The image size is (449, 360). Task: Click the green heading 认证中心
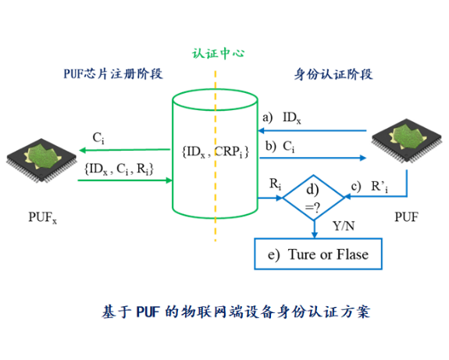[x=218, y=53]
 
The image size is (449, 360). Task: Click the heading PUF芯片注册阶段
[x=113, y=74]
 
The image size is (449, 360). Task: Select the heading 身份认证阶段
[x=333, y=74]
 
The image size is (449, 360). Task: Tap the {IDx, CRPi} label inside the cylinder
[x=216, y=151]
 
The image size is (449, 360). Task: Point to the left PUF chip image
[x=42, y=160]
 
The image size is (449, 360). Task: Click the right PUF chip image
[x=407, y=141]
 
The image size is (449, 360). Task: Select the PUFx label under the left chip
[x=43, y=217]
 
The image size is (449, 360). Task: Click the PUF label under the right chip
[x=407, y=217]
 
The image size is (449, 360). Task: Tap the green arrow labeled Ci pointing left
[x=125, y=150]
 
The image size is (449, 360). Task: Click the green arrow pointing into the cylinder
[x=125, y=180]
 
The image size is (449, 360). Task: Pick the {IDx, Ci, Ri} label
[x=119, y=169]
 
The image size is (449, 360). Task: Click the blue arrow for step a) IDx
[x=312, y=131]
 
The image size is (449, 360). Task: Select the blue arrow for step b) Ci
[x=312, y=158]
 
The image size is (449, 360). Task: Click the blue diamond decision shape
[x=314, y=175]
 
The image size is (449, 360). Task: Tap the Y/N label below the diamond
[x=344, y=226]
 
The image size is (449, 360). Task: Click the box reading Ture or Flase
[x=318, y=254]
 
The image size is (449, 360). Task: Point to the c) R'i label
[x=369, y=187]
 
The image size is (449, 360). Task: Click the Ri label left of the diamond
[x=275, y=184]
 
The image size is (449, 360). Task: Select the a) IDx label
[x=282, y=118]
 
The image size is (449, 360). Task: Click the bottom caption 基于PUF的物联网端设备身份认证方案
[x=236, y=312]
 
